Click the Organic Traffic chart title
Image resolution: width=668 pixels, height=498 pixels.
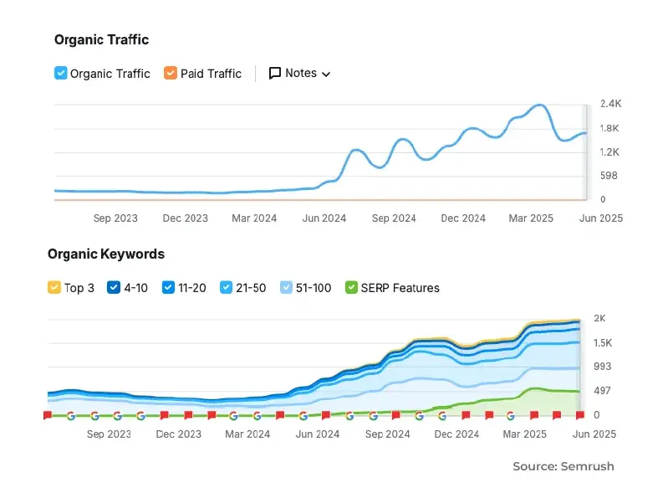101,39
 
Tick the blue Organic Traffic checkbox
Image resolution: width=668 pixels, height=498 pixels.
60,73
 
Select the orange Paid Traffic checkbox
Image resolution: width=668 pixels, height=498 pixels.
171,73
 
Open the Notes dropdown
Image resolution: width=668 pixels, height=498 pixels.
299,73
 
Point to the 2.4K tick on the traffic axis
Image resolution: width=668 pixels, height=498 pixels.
610,104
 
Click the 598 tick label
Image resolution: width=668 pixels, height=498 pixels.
609,176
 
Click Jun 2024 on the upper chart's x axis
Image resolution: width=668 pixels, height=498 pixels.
323,218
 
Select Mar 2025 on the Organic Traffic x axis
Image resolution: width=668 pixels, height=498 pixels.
531,218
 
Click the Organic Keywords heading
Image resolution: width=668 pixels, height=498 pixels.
106,254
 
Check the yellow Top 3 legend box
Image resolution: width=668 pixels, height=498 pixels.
54,288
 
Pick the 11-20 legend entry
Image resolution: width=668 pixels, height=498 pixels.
169,288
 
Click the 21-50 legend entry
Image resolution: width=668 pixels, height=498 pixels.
227,288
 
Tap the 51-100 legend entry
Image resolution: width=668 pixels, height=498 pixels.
287,288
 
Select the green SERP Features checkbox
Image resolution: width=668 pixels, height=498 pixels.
351,288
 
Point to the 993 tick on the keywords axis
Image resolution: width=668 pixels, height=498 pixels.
603,367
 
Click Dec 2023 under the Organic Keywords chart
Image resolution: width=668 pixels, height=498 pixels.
178,434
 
